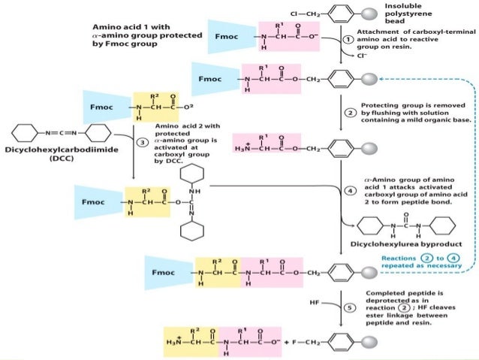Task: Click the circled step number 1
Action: pyautogui.click(x=348, y=40)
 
